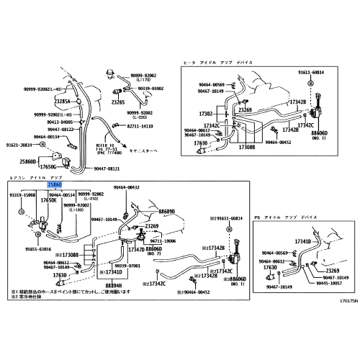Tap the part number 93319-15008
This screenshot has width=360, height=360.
pyautogui.click(x=22, y=194)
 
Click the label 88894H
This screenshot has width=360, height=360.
pyautogui.click(x=113, y=286)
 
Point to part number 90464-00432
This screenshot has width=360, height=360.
pyautogui.click(x=127, y=187)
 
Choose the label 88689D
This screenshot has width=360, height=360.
pyautogui.click(x=167, y=212)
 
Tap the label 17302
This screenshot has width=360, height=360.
pyautogui.click(x=207, y=113)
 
